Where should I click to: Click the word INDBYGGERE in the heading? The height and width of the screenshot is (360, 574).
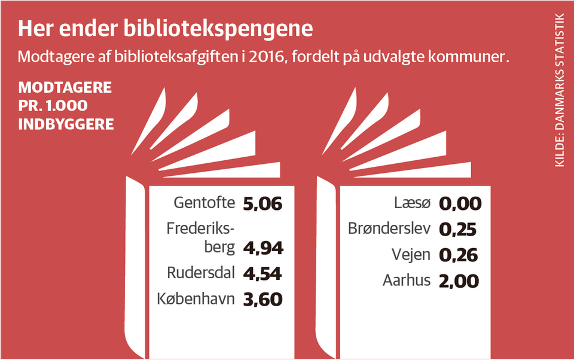(x=66, y=125)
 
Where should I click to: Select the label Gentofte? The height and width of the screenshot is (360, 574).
(x=204, y=203)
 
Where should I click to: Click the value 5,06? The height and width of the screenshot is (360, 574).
(x=262, y=203)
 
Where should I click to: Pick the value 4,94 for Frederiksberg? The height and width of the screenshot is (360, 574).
(x=263, y=248)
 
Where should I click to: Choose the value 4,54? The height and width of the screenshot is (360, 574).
(x=262, y=274)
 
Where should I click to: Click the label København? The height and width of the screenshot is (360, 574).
(x=196, y=298)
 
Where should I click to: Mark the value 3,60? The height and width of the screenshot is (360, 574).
(x=262, y=299)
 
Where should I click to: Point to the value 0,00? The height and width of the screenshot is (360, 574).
(x=460, y=204)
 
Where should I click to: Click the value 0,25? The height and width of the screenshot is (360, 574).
(x=458, y=230)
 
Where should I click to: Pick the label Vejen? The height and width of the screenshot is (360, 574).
(x=411, y=255)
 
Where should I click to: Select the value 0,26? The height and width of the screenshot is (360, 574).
(x=459, y=255)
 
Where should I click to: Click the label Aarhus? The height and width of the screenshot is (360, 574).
(x=407, y=280)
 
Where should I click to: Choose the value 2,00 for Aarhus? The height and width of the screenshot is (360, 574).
(x=459, y=280)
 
